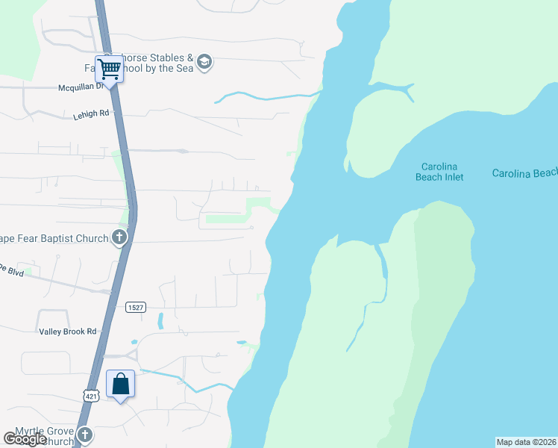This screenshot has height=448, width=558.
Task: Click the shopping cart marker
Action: point(110,70)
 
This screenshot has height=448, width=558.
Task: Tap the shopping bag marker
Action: point(121,385)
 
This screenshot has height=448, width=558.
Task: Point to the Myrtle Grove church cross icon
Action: point(85,435)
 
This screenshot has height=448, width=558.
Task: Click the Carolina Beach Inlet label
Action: point(439,172)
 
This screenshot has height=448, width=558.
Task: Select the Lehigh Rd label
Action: point(91,114)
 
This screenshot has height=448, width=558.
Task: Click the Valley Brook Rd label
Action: point(67,332)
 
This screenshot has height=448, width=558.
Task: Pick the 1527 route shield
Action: point(135,307)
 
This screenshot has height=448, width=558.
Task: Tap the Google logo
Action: point(24,439)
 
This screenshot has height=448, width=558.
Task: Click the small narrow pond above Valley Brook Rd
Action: point(160,321)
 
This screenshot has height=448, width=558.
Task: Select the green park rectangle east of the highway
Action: point(225,219)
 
